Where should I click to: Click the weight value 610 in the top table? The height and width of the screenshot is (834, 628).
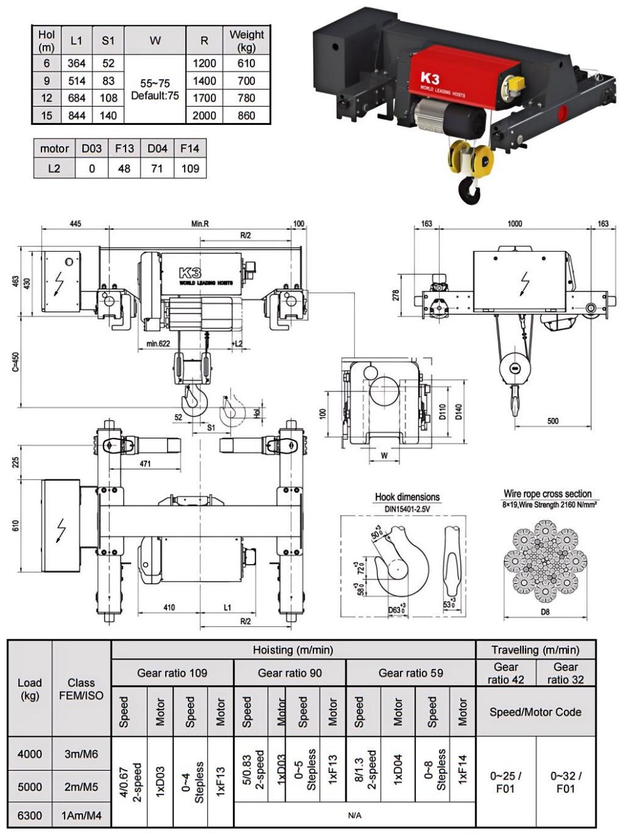246,63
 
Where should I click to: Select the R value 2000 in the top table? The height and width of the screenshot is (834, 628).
204,115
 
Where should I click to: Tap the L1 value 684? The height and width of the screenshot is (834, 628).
76,98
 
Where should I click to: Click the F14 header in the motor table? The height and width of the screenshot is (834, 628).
190,149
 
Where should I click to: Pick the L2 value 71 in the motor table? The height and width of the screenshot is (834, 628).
157,168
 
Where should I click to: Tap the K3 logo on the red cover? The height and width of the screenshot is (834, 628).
430,78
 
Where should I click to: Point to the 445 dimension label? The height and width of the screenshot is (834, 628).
75,224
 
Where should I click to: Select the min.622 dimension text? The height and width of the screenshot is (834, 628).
158,343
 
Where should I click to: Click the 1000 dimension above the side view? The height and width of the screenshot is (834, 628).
514,224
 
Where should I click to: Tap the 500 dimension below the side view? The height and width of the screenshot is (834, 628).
553,421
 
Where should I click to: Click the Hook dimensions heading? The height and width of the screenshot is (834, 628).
407,497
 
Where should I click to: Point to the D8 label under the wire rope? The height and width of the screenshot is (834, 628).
544,611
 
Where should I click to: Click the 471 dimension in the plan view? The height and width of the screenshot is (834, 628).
145,464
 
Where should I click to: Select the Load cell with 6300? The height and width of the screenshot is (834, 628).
30,816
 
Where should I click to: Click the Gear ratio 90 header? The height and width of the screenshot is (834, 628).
290,673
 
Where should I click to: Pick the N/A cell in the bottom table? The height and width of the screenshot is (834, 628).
354,816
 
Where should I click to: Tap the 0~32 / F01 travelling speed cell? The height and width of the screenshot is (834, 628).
565,782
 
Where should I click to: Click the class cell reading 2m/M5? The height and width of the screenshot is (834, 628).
81,787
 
